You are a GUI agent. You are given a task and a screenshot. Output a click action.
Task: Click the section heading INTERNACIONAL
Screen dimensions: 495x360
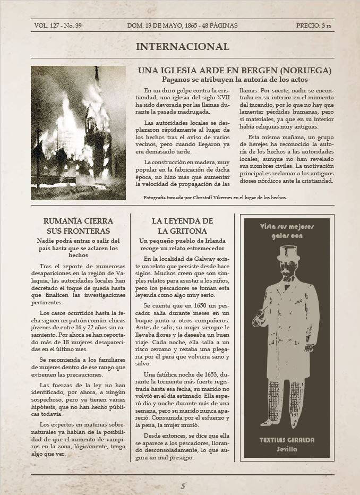pos(182,47)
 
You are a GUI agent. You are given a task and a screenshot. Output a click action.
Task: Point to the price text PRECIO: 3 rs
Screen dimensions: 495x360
pos(313,25)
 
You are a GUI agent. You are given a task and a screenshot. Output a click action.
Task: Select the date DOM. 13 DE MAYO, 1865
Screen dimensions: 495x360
pos(167,25)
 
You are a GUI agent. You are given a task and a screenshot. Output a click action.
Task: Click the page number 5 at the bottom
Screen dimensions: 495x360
pos(183,486)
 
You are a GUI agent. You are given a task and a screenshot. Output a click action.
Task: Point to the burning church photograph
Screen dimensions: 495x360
pos(78,133)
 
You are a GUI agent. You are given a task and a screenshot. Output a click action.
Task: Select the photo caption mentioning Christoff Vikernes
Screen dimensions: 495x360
pos(215,197)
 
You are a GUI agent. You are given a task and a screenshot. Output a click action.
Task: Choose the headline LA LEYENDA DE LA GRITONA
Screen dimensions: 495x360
pos(182,226)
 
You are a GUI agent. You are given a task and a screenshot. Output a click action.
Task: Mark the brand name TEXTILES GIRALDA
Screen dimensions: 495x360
pos(287,440)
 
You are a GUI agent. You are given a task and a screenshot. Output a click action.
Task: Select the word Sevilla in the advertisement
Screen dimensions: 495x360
pos(287,449)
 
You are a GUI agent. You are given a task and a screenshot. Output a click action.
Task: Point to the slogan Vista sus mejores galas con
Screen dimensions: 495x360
pos(287,231)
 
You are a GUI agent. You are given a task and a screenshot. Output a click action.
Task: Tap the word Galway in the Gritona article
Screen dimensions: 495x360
pos(199,259)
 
